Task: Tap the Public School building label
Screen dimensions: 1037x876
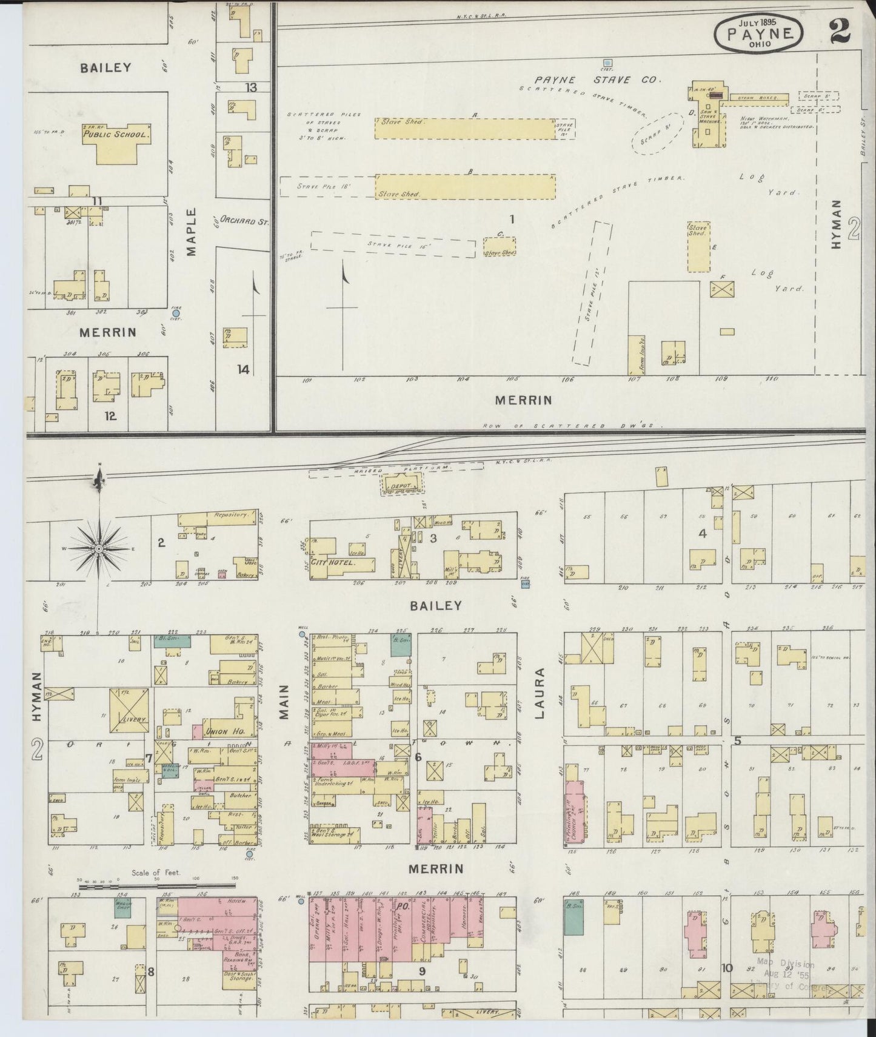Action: (116, 134)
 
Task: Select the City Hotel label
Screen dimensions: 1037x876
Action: (332, 562)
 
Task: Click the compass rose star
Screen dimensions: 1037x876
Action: (99, 548)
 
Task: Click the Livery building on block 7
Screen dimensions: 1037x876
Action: (129, 707)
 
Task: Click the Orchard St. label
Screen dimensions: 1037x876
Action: (244, 221)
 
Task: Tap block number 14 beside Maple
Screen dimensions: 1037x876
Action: (243, 369)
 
